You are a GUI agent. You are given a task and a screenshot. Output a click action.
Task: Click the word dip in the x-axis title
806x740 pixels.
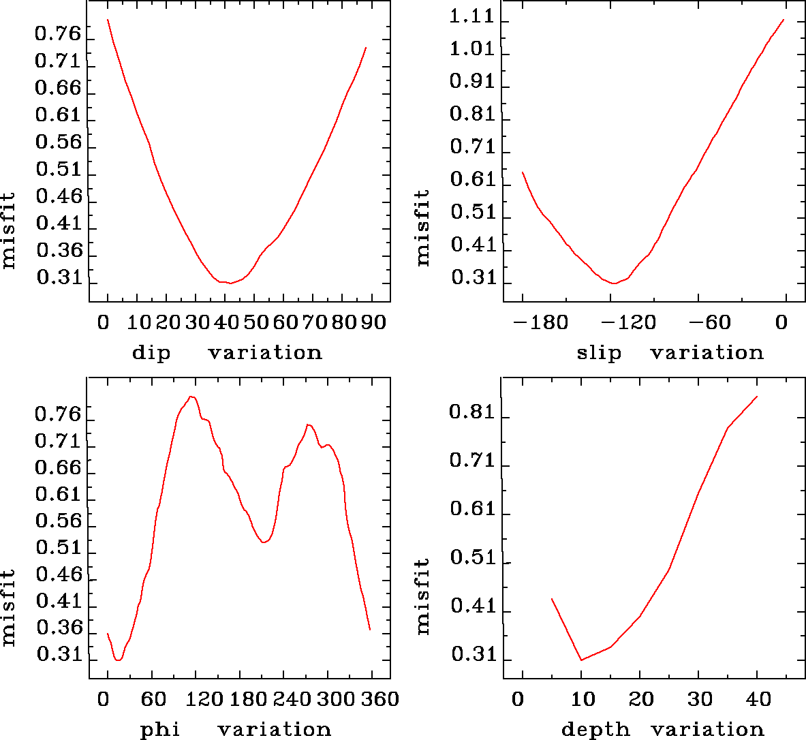pyautogui.click(x=151, y=353)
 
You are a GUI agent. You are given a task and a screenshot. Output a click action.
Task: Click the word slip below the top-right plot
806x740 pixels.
pyautogui.click(x=599, y=353)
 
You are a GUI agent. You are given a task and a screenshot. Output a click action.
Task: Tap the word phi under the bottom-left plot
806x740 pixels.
pyautogui.click(x=160, y=730)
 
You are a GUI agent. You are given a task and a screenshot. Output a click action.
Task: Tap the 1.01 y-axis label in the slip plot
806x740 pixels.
pyautogui.click(x=471, y=49)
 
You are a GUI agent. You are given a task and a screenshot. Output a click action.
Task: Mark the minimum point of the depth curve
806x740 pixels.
pyautogui.click(x=581, y=660)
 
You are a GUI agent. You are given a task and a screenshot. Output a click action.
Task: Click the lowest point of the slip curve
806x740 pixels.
pyautogui.click(x=615, y=283)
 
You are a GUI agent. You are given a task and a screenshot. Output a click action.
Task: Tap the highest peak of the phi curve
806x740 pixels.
pyautogui.click(x=191, y=397)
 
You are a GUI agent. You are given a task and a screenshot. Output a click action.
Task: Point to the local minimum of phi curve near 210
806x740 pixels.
pyautogui.click(x=264, y=542)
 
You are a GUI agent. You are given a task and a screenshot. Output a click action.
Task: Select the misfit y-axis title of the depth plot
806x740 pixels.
pyautogui.click(x=423, y=596)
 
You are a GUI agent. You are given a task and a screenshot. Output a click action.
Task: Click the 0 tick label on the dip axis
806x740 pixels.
pyautogui.click(x=104, y=322)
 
